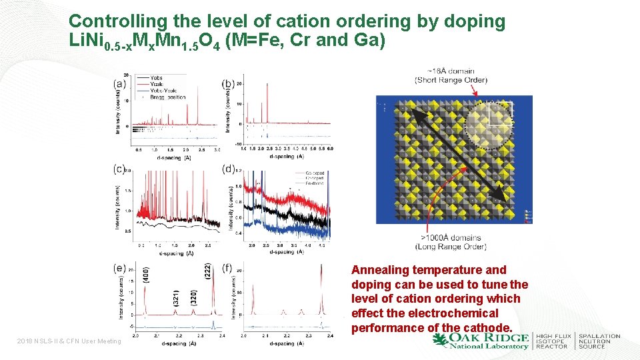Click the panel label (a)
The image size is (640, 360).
coord(120,84)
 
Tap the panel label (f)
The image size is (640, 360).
coord(228,268)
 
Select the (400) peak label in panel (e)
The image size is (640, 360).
coord(146,275)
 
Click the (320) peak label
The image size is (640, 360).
coord(193,298)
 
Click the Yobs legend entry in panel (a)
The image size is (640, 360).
coord(155,78)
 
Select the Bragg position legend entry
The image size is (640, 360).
coord(167,97)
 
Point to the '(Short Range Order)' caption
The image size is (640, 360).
coord(451,80)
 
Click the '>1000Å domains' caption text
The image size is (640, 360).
coord(450,237)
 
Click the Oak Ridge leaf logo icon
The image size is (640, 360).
coord(441,340)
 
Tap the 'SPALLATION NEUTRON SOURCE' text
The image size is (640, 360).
coord(599,341)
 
